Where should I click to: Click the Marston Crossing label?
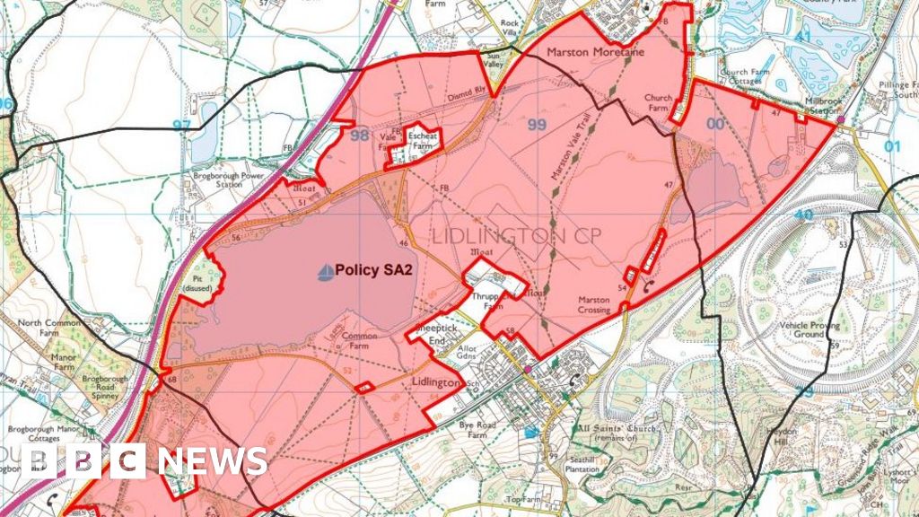point(594,305)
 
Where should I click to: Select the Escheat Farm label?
point(423,140)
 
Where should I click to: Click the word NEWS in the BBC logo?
point(213,461)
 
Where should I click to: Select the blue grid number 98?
point(360,136)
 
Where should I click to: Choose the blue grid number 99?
point(537,125)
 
